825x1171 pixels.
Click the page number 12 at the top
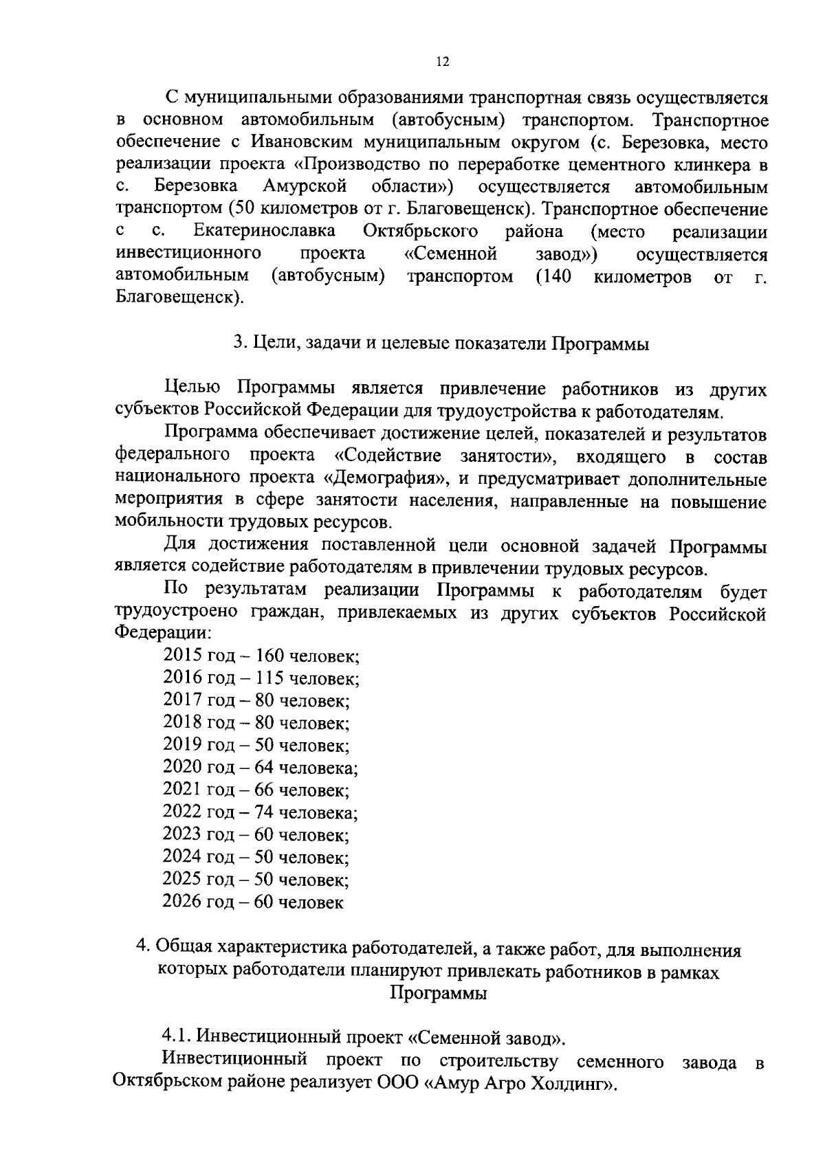(442, 62)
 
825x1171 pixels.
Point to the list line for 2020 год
(260, 767)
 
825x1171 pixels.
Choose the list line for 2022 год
(260, 812)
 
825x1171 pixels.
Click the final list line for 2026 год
(253, 902)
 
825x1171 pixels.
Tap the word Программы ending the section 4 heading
(439, 994)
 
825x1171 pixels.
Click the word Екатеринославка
(265, 232)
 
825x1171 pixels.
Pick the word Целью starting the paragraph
(193, 389)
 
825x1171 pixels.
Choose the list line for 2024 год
(256, 857)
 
